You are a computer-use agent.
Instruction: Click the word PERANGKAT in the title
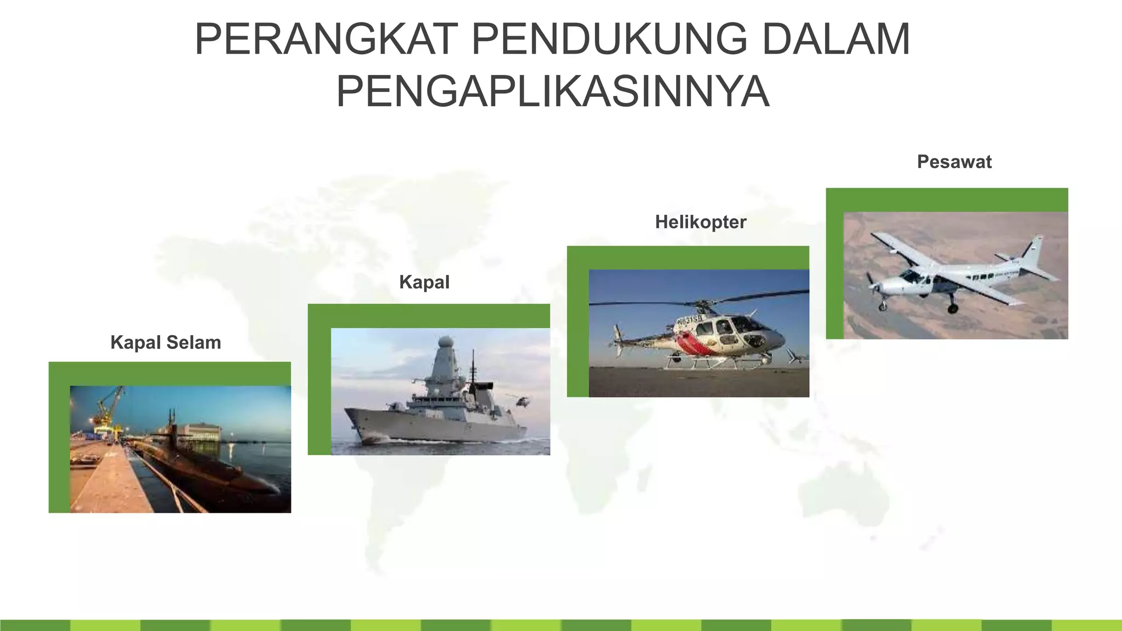click(x=326, y=39)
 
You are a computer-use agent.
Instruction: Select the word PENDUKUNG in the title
click(x=609, y=39)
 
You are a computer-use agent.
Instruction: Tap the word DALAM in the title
click(x=836, y=39)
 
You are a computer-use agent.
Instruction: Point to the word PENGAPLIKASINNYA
click(x=553, y=91)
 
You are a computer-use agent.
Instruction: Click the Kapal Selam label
click(x=165, y=342)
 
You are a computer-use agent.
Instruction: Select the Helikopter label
click(x=700, y=222)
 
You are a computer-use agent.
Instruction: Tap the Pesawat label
click(x=954, y=162)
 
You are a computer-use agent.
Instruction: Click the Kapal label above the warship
click(x=424, y=282)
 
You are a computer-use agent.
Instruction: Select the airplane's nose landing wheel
click(x=883, y=306)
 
